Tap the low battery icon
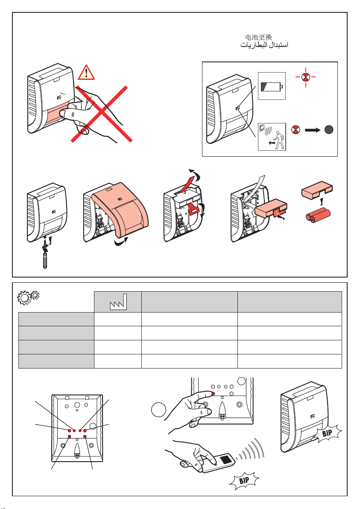point(272,86)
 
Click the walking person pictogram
point(278,139)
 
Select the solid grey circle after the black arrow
point(329,129)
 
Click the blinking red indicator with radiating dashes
point(305,77)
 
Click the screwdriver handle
point(44,262)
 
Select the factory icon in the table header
point(118,301)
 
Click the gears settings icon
point(29,297)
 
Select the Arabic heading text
point(262,45)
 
